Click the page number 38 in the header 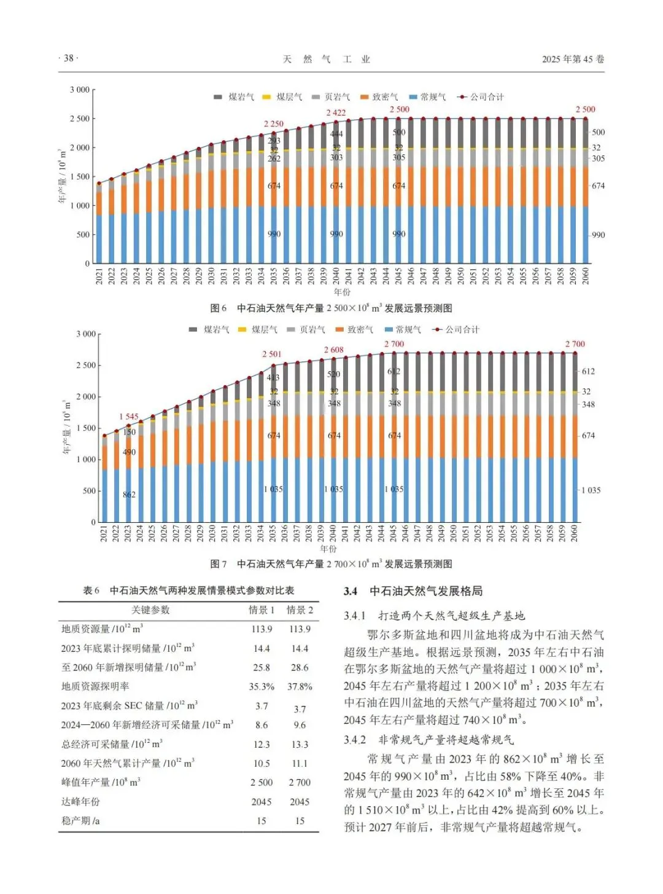click(68, 58)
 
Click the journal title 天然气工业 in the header click(327, 59)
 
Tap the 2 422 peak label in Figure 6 click(336, 112)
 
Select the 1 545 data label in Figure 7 click(129, 417)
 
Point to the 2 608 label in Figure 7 click(334, 350)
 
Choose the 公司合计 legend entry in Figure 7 click(457, 330)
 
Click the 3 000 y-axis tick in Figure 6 click(79, 90)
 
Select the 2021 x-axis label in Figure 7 click(104, 533)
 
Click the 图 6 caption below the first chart click(331, 308)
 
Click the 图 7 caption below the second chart click(331, 564)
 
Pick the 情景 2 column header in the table click(299, 610)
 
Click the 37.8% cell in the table click(299, 687)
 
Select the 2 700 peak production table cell click(300, 783)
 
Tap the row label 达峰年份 click(80, 802)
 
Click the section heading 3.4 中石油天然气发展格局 click(413, 591)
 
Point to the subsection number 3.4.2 click(355, 740)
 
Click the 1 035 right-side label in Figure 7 click(591, 490)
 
